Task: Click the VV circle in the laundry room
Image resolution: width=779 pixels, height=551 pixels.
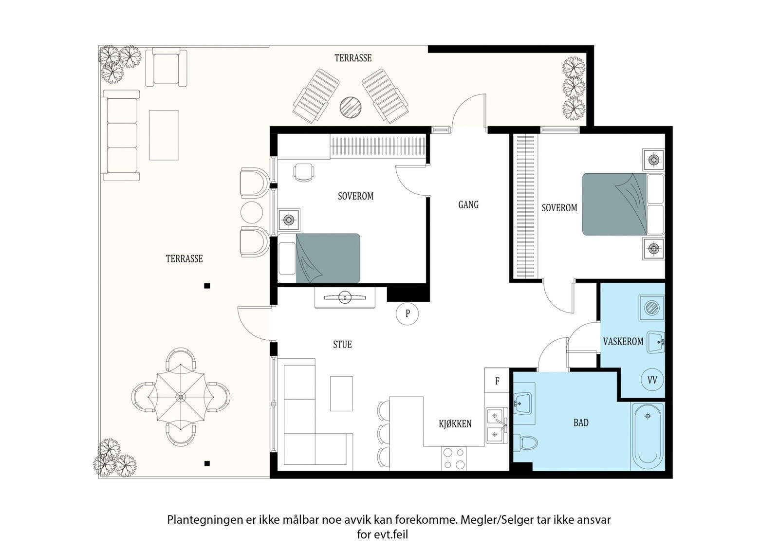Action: (x=652, y=380)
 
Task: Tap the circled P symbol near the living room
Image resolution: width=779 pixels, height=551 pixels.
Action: (x=407, y=313)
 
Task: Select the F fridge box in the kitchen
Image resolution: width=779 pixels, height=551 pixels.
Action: (x=497, y=381)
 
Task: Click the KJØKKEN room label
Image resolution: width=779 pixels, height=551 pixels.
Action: (x=455, y=424)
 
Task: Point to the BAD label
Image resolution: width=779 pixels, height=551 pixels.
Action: (x=581, y=422)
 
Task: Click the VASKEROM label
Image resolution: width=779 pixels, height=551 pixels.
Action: (x=623, y=341)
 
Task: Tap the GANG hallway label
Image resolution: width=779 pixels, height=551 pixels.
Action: (x=468, y=204)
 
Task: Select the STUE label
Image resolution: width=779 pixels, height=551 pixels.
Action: (x=342, y=345)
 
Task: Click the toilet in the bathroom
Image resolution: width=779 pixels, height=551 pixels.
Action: (x=525, y=443)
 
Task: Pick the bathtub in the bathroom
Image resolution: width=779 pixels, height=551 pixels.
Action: (x=648, y=437)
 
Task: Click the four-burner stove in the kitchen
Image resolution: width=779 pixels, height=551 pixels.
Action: (x=454, y=459)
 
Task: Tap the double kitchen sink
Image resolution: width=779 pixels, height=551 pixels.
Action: (x=497, y=425)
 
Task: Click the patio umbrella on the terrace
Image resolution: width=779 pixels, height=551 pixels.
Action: (x=181, y=397)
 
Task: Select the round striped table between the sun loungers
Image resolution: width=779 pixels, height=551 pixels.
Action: (x=350, y=108)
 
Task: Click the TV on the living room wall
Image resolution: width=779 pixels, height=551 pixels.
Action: (x=345, y=297)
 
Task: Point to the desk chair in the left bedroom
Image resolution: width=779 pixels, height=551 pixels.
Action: (x=304, y=172)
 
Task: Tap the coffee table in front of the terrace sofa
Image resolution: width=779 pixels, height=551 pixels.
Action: (x=164, y=135)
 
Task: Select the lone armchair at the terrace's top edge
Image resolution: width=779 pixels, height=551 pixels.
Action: (x=166, y=67)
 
